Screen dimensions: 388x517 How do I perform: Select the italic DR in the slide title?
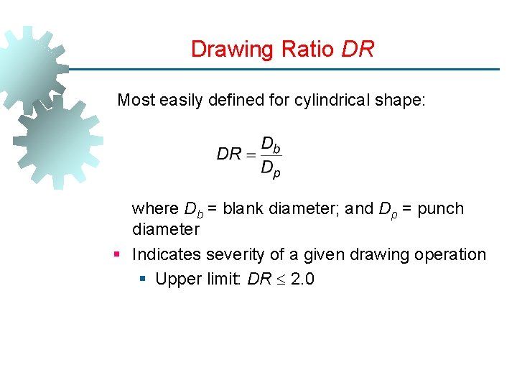(x=358, y=50)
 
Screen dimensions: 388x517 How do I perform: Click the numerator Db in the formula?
(x=271, y=144)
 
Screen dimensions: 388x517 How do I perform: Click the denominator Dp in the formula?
(x=271, y=170)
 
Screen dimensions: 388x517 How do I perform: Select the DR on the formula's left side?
(x=229, y=154)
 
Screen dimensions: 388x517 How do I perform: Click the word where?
(x=155, y=209)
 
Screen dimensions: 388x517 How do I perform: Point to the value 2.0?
(x=302, y=279)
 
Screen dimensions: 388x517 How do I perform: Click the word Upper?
(x=176, y=279)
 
